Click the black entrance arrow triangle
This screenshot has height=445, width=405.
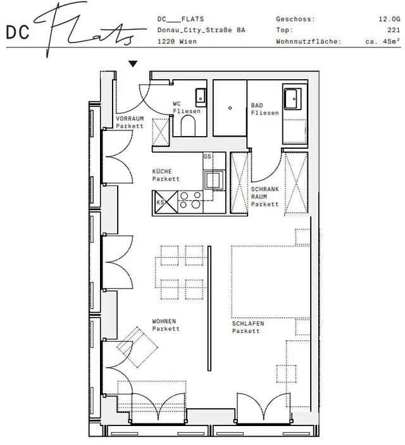[133, 63]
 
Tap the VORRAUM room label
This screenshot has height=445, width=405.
[130, 122]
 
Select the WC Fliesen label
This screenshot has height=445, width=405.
[186, 108]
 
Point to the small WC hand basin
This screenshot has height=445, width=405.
[201, 97]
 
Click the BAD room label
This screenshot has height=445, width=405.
[264, 109]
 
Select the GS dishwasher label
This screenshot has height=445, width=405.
[207, 156]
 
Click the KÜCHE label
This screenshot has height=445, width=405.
[166, 175]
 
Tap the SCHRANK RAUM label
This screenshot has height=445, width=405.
[264, 196]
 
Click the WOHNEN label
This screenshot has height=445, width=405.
[166, 325]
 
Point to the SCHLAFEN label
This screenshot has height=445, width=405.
[247, 327]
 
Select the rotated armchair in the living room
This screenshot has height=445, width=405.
[137, 345]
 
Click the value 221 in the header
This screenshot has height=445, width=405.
[394, 30]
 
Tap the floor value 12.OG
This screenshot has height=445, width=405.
[389, 20]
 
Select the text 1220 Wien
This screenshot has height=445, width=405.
[177, 42]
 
